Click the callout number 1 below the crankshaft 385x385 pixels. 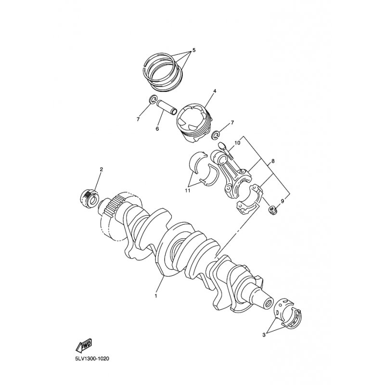click(155, 296)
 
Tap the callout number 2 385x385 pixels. click(101, 169)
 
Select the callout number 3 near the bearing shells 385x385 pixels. click(264, 334)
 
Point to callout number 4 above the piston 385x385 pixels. click(215, 91)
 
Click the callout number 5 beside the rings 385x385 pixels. click(194, 51)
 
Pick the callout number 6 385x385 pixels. click(157, 128)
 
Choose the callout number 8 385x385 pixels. click(273, 161)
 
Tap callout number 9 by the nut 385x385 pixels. click(282, 201)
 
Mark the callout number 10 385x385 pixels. click(237, 142)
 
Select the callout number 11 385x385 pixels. click(188, 191)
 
